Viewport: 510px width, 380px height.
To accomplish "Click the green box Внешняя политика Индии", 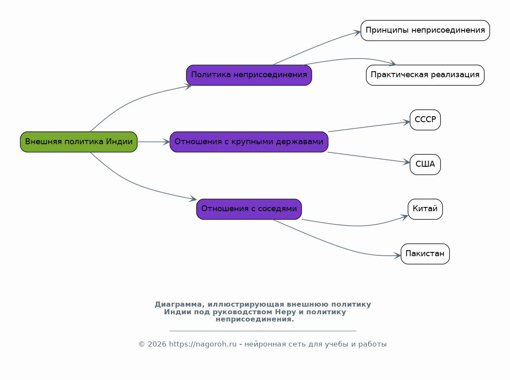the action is coord(79,142).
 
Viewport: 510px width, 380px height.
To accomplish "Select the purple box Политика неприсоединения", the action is coord(249,75).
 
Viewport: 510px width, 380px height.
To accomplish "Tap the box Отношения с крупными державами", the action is coord(249,142).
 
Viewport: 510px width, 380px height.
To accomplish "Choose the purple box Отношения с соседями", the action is coord(249,209).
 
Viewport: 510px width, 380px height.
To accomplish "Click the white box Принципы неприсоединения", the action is coord(425,31).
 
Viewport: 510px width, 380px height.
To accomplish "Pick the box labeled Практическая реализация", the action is coord(425,75).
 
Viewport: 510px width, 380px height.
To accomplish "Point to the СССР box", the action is coord(425,120).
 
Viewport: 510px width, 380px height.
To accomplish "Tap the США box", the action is coord(425,165).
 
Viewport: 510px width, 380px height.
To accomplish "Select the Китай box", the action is coord(425,209).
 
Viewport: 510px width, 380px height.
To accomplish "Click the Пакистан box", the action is coord(425,254).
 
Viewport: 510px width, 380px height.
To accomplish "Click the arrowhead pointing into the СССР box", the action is coord(407,122).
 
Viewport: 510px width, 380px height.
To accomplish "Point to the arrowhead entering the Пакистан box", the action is coord(398,255).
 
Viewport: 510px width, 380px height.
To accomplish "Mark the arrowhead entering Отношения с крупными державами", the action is coord(166,142).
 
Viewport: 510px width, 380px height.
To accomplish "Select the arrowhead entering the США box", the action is coord(407,162).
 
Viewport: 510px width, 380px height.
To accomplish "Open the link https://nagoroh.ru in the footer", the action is coord(202,344).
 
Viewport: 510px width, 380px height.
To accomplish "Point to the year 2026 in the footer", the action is coord(157,344).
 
